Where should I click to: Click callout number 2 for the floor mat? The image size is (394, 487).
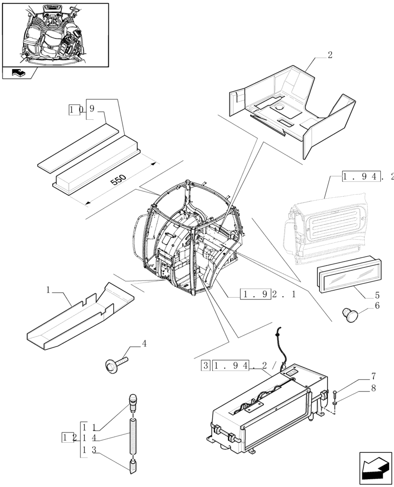pyautogui.click(x=330, y=55)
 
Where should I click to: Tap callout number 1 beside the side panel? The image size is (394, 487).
pyautogui.click(x=48, y=290)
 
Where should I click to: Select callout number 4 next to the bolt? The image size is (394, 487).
pyautogui.click(x=144, y=344)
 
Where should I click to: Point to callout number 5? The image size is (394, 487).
pyautogui.click(x=377, y=295)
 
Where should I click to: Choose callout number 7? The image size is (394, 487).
pyautogui.click(x=373, y=376)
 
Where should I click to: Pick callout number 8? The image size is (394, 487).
pyautogui.click(x=373, y=388)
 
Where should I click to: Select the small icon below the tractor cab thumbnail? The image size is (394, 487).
pyautogui.click(x=19, y=73)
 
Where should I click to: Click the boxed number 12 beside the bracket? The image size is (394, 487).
pyautogui.click(x=69, y=437)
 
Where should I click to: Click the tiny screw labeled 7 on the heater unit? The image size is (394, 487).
pyautogui.click(x=336, y=393)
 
